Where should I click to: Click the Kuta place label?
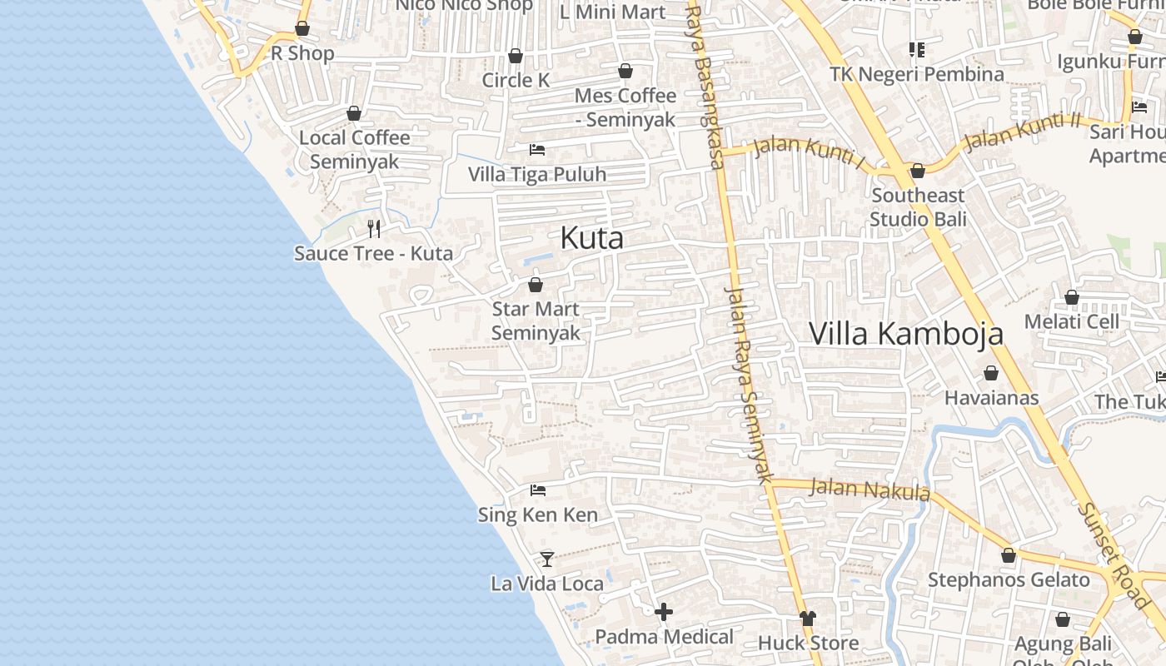pos(591,238)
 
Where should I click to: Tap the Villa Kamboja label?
pos(906,333)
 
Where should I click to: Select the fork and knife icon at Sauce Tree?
pos(374,228)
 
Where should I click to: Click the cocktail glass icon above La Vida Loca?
pos(547,559)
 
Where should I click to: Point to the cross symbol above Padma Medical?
pos(664,613)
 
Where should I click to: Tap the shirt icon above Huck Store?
pos(808,619)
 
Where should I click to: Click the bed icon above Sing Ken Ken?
pos(538,490)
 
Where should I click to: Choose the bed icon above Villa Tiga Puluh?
pos(537,150)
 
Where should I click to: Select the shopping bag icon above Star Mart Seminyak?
pos(536,285)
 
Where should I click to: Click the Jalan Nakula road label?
pos(870,489)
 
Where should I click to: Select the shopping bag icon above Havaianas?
pos(991,373)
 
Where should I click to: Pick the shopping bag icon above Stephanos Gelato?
pos(1009,555)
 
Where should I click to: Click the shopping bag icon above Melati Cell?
pos(1072,297)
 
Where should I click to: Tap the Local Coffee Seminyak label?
pos(355,149)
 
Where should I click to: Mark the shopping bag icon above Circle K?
pos(516,56)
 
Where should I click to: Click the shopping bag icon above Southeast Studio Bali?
pos(918,171)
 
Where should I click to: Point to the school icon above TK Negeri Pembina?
pos(917,50)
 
